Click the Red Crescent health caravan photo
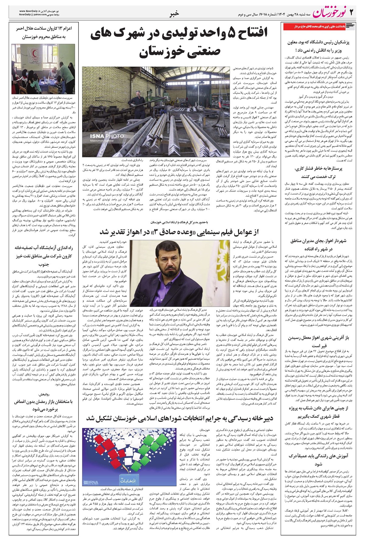[41, 69]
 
